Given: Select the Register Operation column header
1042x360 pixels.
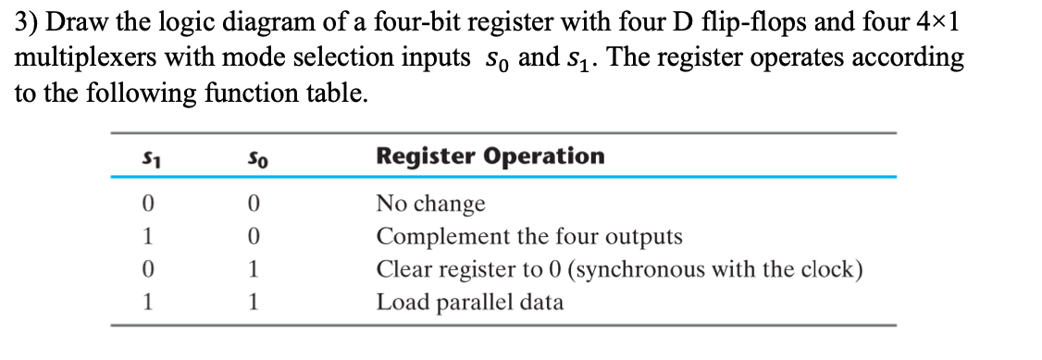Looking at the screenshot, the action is (x=490, y=155).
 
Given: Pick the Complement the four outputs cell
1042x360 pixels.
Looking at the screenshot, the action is (x=529, y=237).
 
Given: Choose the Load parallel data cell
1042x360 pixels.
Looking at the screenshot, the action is (x=469, y=303).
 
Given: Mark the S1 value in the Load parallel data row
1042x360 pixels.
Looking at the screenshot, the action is (x=146, y=303).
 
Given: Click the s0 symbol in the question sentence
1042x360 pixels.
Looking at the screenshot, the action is (x=494, y=60).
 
